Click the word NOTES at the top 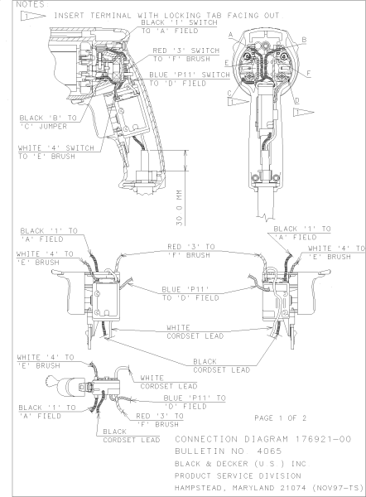click(x=17, y=5)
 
